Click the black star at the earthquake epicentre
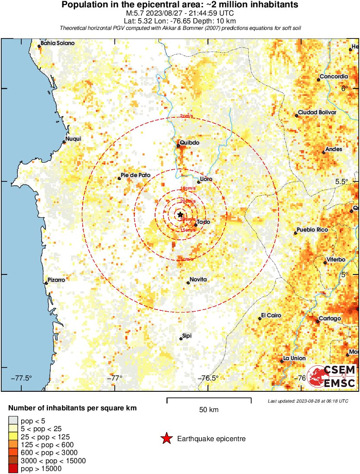[x=180, y=214]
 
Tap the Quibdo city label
[x=190, y=142]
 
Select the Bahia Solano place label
[x=58, y=43]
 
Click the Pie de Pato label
[x=136, y=175]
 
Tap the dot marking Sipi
[x=181, y=339]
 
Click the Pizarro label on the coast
[x=56, y=280]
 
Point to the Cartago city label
[x=330, y=319]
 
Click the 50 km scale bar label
[x=209, y=410]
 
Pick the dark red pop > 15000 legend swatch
[x=13, y=468]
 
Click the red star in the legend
[x=166, y=439]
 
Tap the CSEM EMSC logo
[x=332, y=376]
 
